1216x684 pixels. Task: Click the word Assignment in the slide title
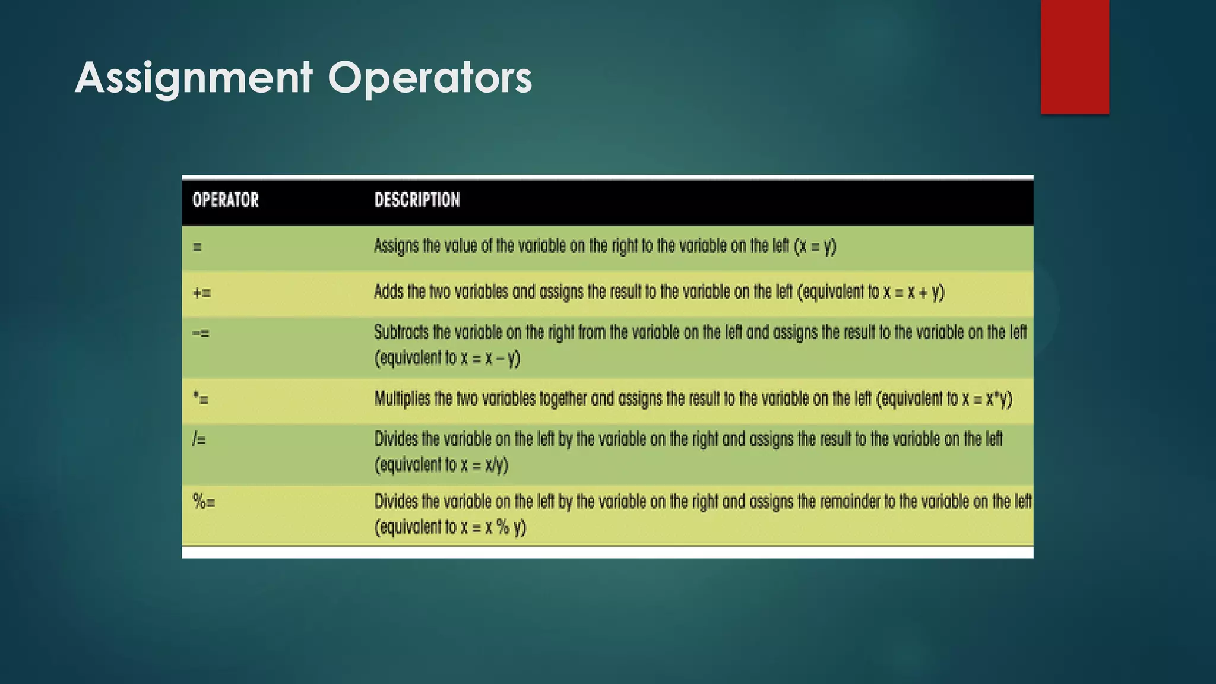click(x=194, y=78)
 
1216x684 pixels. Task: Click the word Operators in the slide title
click(x=430, y=78)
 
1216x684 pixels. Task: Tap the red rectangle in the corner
click(x=1075, y=56)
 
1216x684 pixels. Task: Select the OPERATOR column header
click(x=226, y=200)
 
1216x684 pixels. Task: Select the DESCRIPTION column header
click(x=417, y=200)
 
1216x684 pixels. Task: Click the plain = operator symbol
click(x=197, y=247)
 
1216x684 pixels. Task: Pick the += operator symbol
click(x=202, y=293)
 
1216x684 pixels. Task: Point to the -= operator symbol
click(x=201, y=333)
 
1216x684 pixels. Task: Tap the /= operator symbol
click(x=199, y=440)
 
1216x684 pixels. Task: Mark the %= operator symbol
click(x=204, y=502)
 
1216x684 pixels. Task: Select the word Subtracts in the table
click(x=401, y=332)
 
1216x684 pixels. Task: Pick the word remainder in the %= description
click(x=850, y=502)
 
